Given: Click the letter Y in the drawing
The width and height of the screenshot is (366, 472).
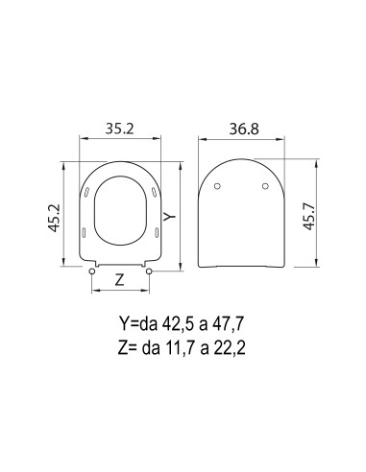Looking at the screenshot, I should pyautogui.click(x=170, y=218).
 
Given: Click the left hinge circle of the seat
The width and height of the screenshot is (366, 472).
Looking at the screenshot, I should pyautogui.click(x=91, y=272).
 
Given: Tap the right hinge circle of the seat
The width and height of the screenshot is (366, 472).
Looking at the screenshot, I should pyautogui.click(x=149, y=272).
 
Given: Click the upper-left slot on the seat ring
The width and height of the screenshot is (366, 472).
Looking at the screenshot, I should pyautogui.click(x=89, y=195).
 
